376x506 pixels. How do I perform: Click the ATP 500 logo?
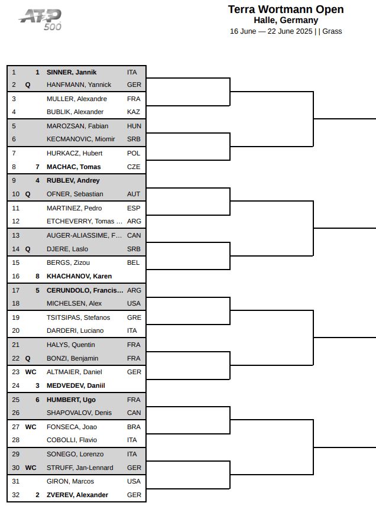point(40,20)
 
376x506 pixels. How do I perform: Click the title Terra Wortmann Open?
point(286,9)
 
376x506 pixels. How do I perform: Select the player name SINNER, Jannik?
point(72,72)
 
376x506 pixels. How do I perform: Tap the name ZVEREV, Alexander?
point(77,495)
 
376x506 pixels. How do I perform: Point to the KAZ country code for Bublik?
point(134,112)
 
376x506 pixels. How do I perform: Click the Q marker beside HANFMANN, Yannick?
point(28,85)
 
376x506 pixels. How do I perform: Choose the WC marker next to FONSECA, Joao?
point(31,427)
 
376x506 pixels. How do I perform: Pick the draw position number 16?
point(16,276)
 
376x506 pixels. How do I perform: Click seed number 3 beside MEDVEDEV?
point(37,385)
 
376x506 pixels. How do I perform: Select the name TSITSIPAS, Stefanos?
point(79,317)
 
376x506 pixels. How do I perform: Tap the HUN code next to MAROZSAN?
point(134,126)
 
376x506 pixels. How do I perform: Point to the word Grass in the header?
point(332,31)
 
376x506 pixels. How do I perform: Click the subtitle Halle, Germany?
point(286,20)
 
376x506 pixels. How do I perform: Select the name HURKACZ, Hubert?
point(74,153)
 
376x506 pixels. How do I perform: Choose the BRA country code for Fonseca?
point(134,427)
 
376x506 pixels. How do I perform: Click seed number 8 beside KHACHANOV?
point(37,276)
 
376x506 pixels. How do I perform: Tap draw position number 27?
point(16,427)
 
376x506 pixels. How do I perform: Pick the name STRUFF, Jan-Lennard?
point(80,468)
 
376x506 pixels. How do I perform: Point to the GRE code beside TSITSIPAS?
point(134,317)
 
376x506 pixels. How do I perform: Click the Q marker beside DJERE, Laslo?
point(28,249)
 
